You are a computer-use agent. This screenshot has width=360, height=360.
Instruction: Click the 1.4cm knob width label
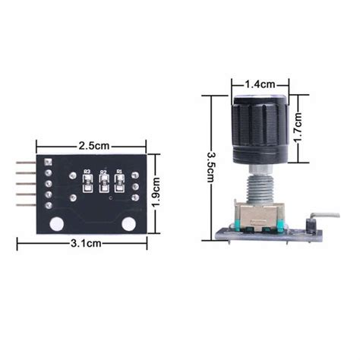(x=261, y=85)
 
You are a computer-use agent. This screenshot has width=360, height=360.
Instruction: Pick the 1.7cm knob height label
(x=300, y=128)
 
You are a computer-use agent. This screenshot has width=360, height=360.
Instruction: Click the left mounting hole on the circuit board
(x=56, y=224)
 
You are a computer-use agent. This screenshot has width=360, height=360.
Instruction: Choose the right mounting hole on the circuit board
(x=129, y=224)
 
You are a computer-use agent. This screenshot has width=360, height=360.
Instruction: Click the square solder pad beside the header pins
(x=47, y=162)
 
